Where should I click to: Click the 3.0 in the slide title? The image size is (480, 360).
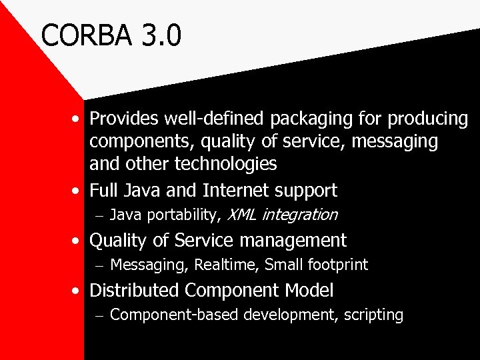[x=160, y=35]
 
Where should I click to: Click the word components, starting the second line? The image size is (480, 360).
[x=139, y=141]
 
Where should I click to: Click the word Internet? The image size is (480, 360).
[x=233, y=190]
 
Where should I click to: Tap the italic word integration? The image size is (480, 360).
[x=300, y=215]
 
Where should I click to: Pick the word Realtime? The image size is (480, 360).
[x=227, y=265]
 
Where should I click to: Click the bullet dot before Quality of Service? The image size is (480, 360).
[x=78, y=241]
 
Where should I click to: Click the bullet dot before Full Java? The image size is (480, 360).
[x=78, y=191]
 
